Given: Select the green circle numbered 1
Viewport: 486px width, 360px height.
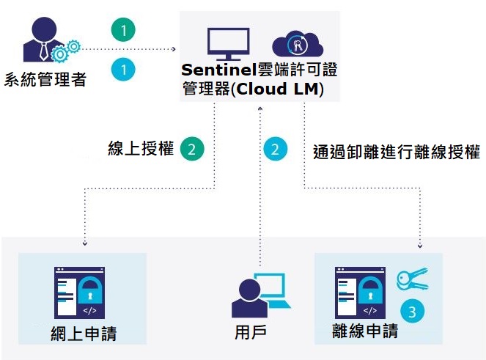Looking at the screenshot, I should click(124, 31).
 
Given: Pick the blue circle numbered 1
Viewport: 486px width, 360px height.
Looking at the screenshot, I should click(124, 70).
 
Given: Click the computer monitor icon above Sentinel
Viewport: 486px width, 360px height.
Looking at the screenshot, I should click(228, 44).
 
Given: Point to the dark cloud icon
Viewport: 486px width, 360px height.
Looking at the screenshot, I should click(298, 45).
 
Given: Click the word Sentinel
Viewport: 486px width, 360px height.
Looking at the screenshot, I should click(218, 71).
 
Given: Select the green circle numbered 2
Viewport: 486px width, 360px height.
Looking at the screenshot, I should click(191, 149).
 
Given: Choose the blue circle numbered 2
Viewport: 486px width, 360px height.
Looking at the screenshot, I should click(275, 150).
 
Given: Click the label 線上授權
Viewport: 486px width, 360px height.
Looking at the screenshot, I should click(141, 149).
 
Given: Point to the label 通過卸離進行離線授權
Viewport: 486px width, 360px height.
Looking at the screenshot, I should click(396, 153).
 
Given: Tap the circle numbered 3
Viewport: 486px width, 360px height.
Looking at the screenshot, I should click(413, 312).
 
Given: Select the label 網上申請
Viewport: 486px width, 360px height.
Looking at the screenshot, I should click(84, 334).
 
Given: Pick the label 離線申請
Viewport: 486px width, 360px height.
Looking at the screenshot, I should click(364, 331).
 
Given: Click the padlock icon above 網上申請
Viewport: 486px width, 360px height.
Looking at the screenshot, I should click(91, 289).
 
